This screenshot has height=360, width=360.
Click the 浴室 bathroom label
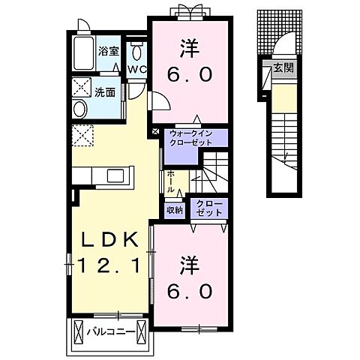click(109, 51)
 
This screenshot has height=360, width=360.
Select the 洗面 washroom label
click(104, 94)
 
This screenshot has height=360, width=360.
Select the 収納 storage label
click(175, 210)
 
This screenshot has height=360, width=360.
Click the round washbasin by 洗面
click(79, 109)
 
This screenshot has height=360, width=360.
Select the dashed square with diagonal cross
click(82, 137)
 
